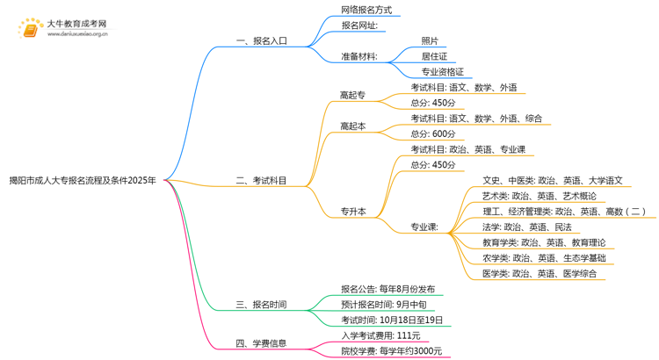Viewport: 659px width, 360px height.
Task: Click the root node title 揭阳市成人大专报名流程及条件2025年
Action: (x=83, y=181)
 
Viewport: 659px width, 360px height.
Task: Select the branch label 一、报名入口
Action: (x=262, y=41)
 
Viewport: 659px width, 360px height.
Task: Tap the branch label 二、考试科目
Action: (x=262, y=181)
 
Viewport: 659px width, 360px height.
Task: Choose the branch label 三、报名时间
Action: (x=262, y=305)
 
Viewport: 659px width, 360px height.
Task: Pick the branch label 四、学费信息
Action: (x=262, y=343)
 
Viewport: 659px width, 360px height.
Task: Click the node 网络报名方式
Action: (x=366, y=11)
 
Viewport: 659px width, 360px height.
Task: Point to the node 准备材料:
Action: (x=359, y=57)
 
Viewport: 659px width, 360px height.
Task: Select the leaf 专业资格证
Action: (x=442, y=72)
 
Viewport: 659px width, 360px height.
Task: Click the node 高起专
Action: (x=353, y=95)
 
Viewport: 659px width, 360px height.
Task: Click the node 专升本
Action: (x=353, y=212)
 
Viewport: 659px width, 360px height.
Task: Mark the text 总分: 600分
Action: (x=433, y=133)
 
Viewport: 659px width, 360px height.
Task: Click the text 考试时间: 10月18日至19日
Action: (x=392, y=320)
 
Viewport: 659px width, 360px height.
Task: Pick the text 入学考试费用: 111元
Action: (x=380, y=335)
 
